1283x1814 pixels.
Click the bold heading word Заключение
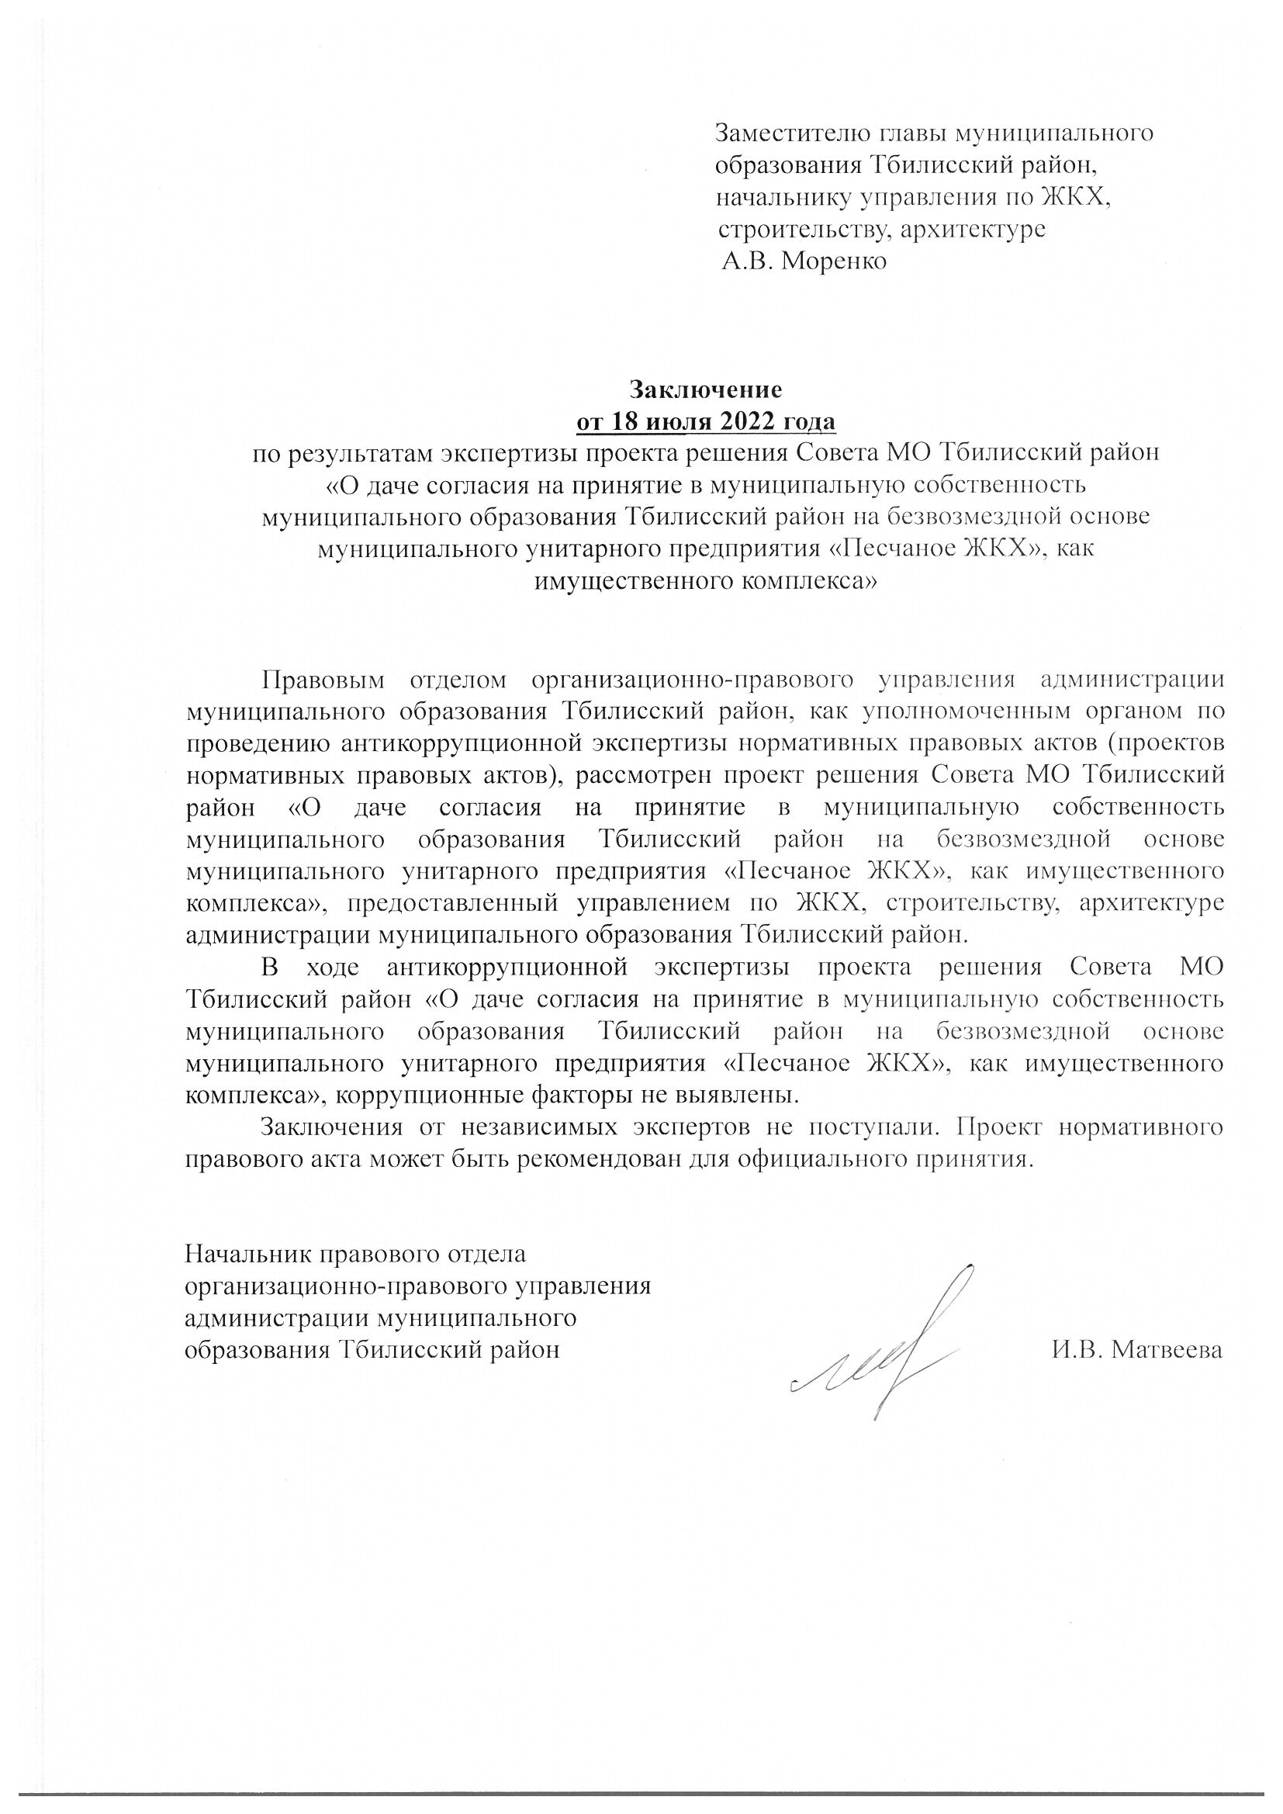(x=705, y=389)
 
